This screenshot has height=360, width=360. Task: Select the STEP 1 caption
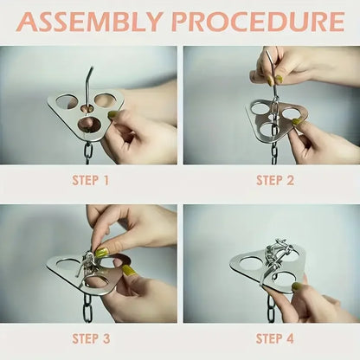tap(88, 180)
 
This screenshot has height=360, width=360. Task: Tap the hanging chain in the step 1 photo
tap(88, 151)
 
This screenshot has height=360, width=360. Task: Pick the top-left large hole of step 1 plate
tap(65, 102)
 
